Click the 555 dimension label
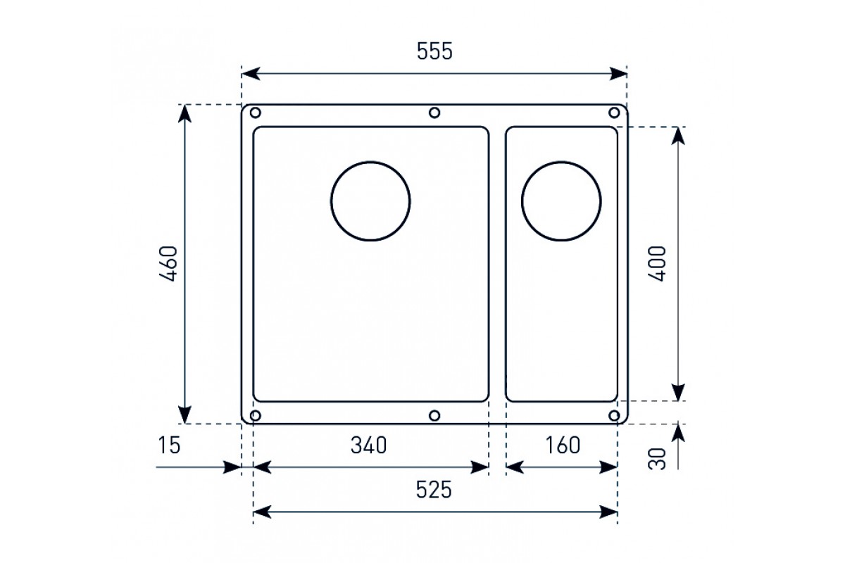click(x=434, y=51)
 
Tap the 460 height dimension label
click(x=168, y=264)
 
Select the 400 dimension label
click(x=657, y=264)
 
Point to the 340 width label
click(x=368, y=445)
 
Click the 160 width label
click(x=563, y=445)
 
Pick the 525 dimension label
click(x=434, y=490)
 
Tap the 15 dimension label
click(x=170, y=445)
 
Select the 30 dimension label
click(x=657, y=459)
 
